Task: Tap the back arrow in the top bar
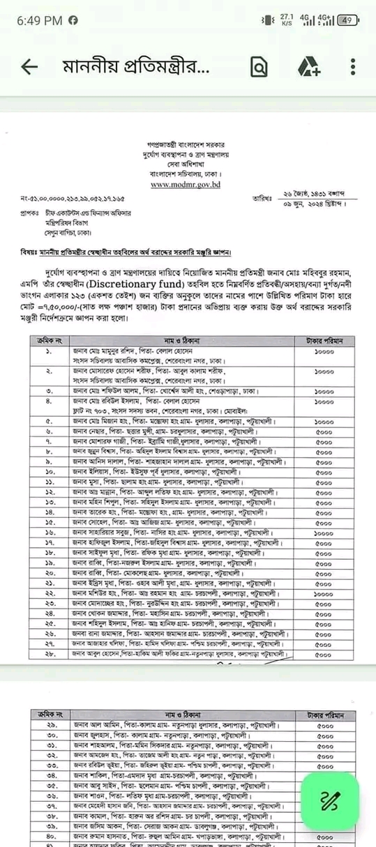29,67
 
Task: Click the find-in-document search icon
259,67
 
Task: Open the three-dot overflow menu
354,67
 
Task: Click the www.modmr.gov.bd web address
185,185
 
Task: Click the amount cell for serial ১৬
324,532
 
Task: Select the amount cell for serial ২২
324,593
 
